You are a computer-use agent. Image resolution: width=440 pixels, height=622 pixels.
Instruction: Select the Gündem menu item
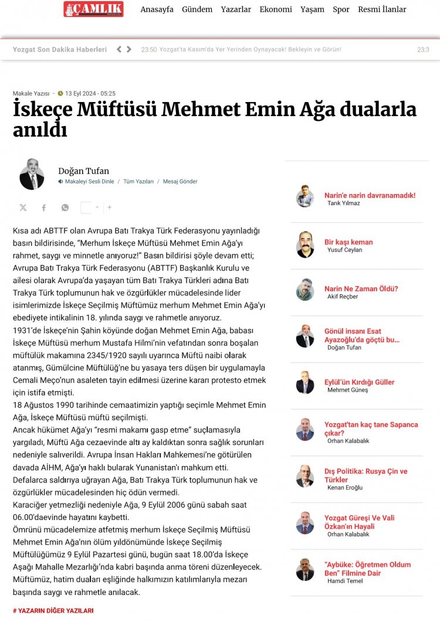(x=197, y=9)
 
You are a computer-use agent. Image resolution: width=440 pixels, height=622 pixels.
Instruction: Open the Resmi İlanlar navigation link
(x=382, y=9)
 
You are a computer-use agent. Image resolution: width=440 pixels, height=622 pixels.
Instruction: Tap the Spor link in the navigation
(x=341, y=9)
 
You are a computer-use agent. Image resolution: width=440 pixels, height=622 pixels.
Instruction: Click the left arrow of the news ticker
(x=119, y=50)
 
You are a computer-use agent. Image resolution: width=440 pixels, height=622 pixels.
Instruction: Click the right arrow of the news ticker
(x=129, y=50)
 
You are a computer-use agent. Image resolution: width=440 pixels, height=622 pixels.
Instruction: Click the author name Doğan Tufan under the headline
(x=83, y=171)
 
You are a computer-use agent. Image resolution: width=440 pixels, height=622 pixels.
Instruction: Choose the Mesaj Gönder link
(x=180, y=182)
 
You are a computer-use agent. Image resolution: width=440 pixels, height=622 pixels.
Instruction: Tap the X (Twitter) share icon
(x=23, y=208)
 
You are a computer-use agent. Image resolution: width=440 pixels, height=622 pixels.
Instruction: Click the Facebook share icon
(x=43, y=208)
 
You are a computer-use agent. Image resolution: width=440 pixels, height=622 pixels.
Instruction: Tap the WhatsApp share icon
(x=65, y=208)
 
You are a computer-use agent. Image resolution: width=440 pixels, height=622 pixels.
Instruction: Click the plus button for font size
(x=109, y=207)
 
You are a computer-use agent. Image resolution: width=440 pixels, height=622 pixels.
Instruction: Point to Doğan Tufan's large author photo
(x=32, y=174)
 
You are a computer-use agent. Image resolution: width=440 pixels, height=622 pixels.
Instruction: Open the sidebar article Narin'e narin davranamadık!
(x=370, y=195)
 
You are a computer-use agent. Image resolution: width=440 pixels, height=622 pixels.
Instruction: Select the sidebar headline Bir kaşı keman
(x=348, y=242)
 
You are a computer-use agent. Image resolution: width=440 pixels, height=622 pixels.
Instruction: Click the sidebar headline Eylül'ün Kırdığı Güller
(x=359, y=382)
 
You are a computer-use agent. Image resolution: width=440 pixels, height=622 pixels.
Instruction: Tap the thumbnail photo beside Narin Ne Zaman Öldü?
(x=305, y=290)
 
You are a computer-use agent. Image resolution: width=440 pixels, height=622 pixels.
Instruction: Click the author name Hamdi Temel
(x=345, y=581)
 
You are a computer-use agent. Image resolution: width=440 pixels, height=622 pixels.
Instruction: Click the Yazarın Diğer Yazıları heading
(x=53, y=610)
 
